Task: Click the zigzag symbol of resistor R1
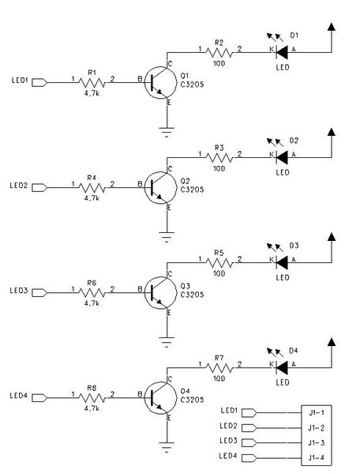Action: (92, 82)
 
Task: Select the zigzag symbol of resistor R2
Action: (219, 53)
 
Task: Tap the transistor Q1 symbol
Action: (160, 82)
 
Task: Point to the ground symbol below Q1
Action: (167, 132)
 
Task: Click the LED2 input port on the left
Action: (39, 188)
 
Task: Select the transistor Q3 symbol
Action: (160, 292)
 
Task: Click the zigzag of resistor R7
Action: (219, 368)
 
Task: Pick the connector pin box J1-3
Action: (317, 443)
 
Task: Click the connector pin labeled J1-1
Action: (317, 412)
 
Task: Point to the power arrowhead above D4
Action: (332, 342)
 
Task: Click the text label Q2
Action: (185, 181)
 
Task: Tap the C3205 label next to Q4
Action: (192, 400)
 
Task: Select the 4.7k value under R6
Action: (92, 303)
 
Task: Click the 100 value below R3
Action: (219, 168)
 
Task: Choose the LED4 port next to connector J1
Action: (249, 458)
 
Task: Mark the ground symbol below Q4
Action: (167, 447)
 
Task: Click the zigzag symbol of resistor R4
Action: (92, 188)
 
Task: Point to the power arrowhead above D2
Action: (332, 132)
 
